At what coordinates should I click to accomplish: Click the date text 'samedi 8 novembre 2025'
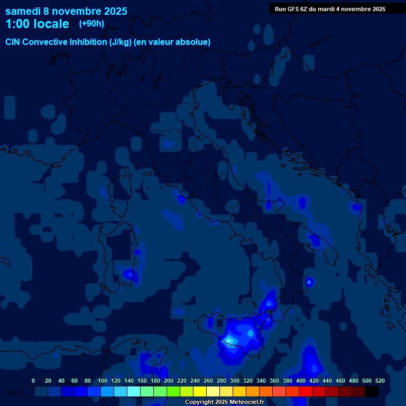tap(66, 11)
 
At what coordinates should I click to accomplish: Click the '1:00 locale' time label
tap(37, 24)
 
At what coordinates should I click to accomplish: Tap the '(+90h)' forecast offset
tap(91, 24)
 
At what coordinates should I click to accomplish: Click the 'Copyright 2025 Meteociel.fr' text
tap(224, 402)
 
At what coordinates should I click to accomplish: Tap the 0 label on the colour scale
tap(33, 381)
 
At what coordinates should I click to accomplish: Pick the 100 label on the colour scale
tap(102, 381)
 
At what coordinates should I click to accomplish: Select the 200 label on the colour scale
tap(168, 381)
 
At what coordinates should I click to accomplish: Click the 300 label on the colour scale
tap(234, 381)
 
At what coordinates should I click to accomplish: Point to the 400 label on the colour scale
tap(300, 381)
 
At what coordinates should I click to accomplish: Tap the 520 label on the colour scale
tap(380, 381)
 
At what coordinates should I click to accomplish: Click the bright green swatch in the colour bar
tap(173, 392)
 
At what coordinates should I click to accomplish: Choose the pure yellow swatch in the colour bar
tap(200, 392)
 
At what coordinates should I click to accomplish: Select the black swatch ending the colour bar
tap(372, 392)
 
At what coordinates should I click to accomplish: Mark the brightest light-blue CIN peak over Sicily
tap(230, 339)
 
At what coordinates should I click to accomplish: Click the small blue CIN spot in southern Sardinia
tap(129, 274)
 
